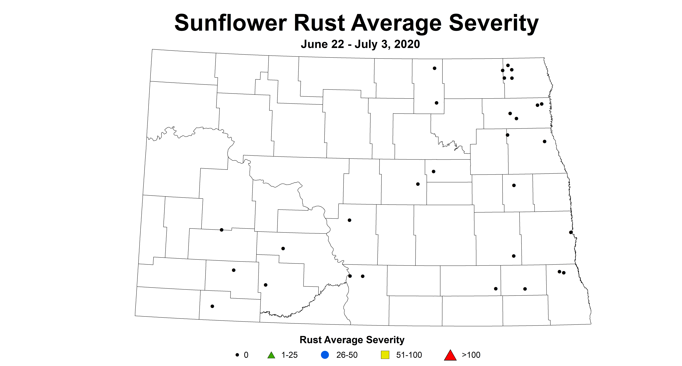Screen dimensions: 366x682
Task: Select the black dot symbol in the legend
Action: (x=237, y=355)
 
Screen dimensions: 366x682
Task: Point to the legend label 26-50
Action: (x=347, y=355)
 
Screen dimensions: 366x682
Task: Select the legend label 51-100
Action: (x=409, y=355)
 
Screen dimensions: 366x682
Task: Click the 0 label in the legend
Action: (x=246, y=355)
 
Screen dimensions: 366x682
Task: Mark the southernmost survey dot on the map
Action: (x=212, y=306)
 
